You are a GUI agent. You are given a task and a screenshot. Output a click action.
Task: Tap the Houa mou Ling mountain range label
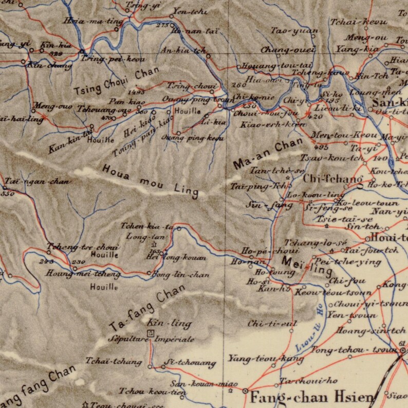(150, 180)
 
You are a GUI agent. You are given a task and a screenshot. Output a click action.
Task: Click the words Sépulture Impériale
(151, 340)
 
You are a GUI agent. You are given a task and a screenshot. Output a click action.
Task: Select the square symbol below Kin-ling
(150, 333)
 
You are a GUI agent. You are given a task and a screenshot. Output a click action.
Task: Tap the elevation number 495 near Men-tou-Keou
(322, 148)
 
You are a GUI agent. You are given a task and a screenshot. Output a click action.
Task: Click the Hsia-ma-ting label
(100, 22)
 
